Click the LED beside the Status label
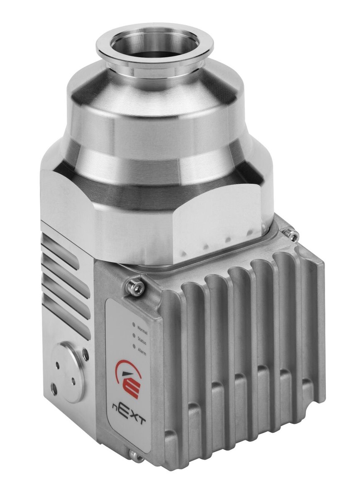134,335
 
